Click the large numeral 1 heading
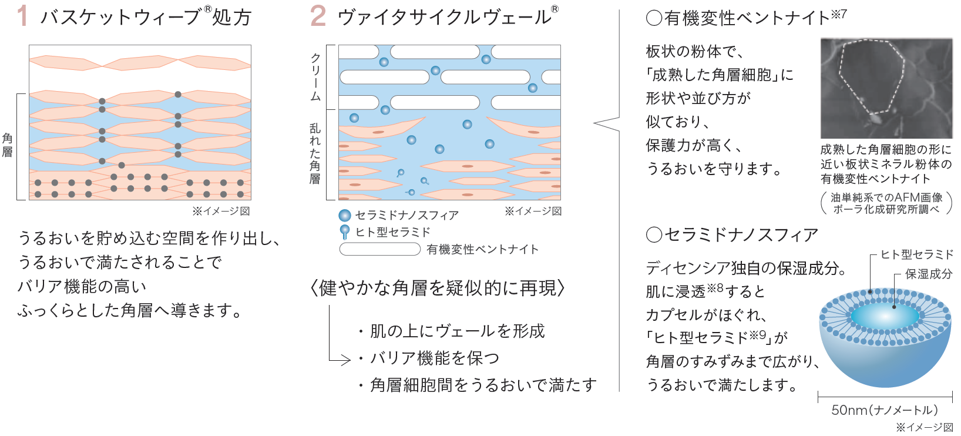click(x=22, y=16)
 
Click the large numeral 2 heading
click(x=318, y=16)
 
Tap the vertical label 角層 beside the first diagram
click(x=8, y=145)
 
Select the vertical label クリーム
click(x=315, y=77)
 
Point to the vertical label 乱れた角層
click(x=315, y=153)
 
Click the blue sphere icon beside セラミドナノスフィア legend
click(x=345, y=216)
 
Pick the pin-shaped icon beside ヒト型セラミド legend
click(x=345, y=232)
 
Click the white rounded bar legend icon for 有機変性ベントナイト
click(x=380, y=249)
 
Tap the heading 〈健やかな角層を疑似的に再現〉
click(x=438, y=288)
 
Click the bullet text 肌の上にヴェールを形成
click(x=457, y=331)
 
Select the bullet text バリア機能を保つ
click(x=435, y=358)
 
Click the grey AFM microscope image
click(x=886, y=89)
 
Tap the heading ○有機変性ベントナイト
click(x=746, y=18)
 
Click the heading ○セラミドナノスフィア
click(x=732, y=235)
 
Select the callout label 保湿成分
click(x=928, y=274)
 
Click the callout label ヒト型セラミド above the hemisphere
click(x=916, y=254)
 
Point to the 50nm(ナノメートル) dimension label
click(x=885, y=410)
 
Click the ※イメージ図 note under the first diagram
click(x=221, y=211)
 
